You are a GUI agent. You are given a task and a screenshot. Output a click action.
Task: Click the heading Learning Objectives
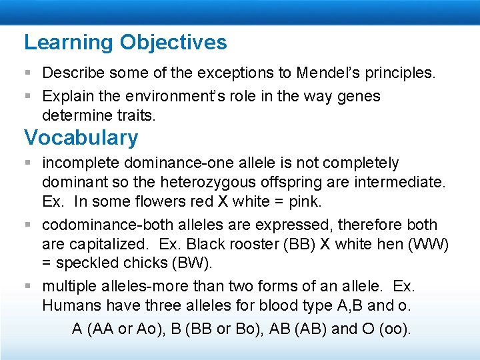[x=125, y=43]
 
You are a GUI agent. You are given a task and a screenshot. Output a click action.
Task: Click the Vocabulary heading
[x=81, y=138]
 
